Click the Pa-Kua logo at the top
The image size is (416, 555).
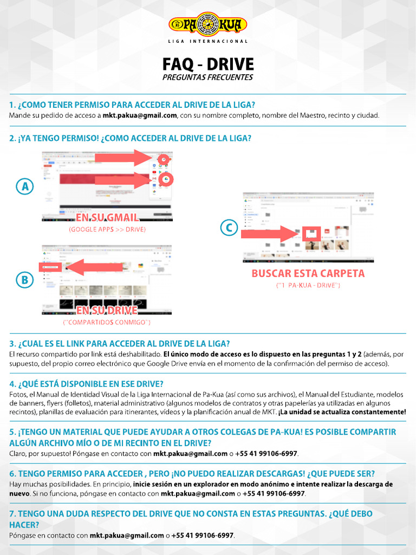click(208, 25)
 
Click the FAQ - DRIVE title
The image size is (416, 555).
click(208, 64)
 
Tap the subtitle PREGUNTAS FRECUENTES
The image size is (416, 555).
click(208, 78)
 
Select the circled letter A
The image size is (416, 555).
click(24, 187)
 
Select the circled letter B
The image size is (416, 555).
click(24, 280)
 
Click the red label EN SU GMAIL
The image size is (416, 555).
click(107, 217)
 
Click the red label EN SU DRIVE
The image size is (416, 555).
click(107, 311)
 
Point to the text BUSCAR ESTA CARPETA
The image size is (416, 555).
click(308, 273)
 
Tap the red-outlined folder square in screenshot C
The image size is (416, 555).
click(311, 233)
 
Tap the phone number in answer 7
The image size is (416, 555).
click(203, 535)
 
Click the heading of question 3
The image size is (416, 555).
click(120, 344)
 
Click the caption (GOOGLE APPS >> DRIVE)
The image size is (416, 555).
click(107, 230)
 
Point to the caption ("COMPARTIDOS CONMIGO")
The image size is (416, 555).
click(107, 323)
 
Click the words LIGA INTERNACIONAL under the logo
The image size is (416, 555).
click(208, 41)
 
